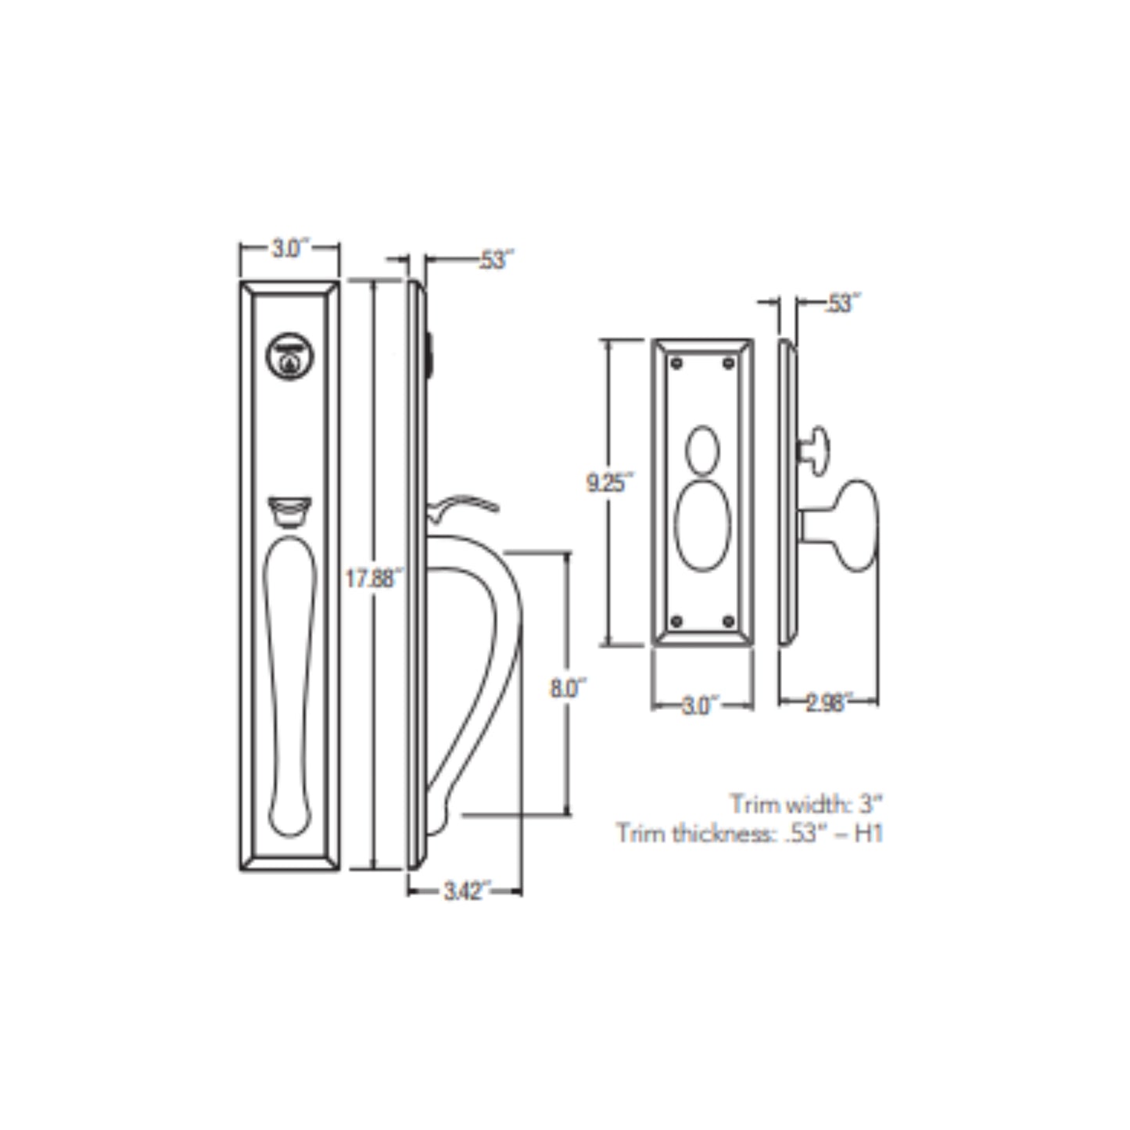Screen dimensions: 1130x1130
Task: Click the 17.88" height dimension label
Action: point(374,579)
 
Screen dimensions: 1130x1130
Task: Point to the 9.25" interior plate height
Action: point(608,483)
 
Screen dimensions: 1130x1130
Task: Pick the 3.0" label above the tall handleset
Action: point(290,249)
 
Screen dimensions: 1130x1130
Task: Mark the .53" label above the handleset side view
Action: point(493,260)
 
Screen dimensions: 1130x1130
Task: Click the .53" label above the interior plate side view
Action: point(841,303)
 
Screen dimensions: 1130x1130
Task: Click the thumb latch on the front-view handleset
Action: point(289,511)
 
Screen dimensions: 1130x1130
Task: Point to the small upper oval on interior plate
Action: point(702,450)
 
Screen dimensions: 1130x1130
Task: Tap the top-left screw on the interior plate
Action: point(676,364)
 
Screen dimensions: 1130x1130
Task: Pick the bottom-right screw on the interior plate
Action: point(729,622)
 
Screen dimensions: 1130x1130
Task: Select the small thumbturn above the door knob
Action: point(816,450)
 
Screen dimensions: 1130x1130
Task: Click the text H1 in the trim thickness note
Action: point(868,834)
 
